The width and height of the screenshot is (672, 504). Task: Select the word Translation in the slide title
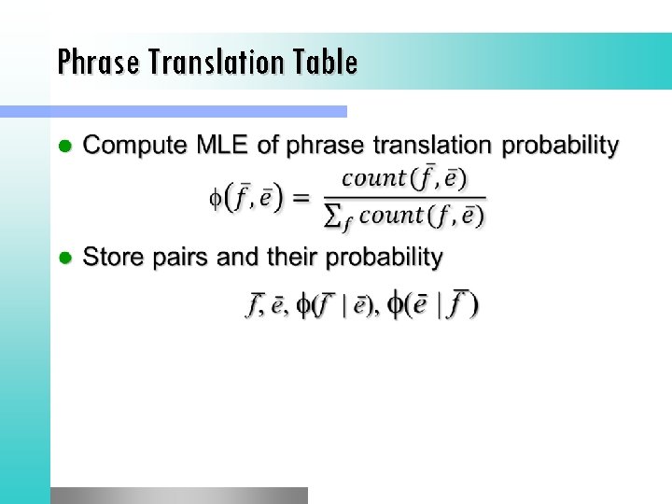tap(222, 63)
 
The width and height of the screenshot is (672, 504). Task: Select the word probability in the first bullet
tap(561, 147)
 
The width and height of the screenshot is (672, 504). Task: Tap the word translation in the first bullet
tap(434, 146)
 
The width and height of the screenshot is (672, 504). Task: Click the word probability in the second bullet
tap(380, 258)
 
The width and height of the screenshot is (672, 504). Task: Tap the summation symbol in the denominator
tap(330, 217)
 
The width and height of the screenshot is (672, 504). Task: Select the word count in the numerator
tap(373, 177)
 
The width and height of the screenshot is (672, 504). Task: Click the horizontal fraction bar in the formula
tap(403, 197)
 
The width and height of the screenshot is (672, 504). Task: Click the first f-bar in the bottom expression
tap(253, 304)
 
